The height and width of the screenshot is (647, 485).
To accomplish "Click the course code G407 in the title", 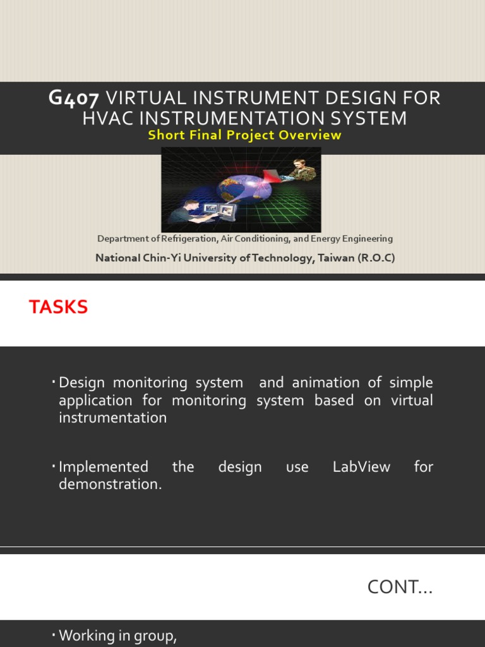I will (73, 99).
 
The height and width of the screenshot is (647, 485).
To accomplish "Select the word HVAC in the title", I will (110, 118).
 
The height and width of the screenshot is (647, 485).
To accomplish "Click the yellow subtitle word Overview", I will (313, 135).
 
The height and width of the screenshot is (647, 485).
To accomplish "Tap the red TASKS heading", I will (58, 308).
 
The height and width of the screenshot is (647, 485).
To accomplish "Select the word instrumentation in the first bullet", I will (113, 418).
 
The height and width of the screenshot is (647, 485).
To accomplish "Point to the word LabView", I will (361, 467).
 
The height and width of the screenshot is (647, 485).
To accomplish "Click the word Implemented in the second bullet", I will (104, 467).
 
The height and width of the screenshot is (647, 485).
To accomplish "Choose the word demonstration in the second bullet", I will (110, 485).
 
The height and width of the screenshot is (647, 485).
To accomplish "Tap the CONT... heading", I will (400, 587).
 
